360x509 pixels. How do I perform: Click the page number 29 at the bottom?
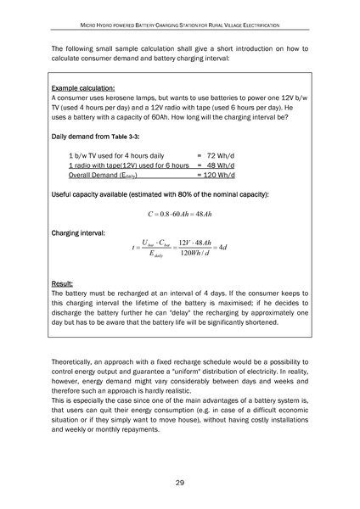[180, 483]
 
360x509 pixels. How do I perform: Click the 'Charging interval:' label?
[78, 232]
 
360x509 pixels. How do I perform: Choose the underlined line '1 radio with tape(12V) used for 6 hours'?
[128, 166]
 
